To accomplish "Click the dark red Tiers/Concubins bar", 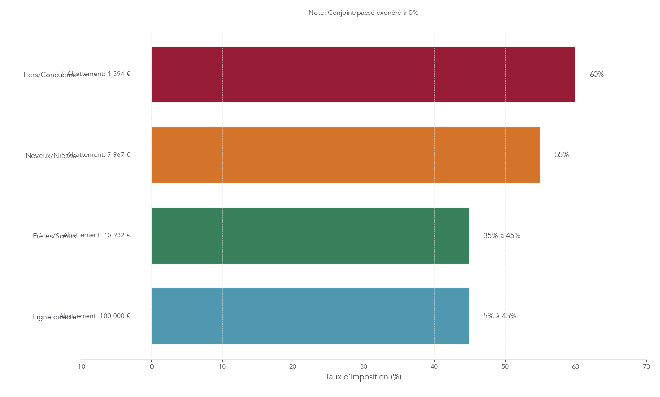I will pyautogui.click(x=363, y=75).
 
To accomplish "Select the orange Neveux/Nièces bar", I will pyautogui.click(x=345, y=155).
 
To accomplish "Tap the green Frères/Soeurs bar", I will pyautogui.click(x=310, y=236).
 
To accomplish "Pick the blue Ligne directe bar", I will pyautogui.click(x=310, y=316).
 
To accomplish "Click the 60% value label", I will pyautogui.click(x=597, y=75).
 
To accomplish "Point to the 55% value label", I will pyautogui.click(x=562, y=155).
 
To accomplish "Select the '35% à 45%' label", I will pyautogui.click(x=502, y=236).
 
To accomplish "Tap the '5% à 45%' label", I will pyautogui.click(x=500, y=316).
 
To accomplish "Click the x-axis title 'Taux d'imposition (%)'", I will pyautogui.click(x=363, y=377).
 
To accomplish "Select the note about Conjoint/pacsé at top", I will pyautogui.click(x=363, y=13).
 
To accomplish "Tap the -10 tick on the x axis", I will pyautogui.click(x=81, y=367).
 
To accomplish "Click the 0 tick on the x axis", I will pyautogui.click(x=152, y=367).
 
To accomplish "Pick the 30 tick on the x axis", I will pyautogui.click(x=364, y=367).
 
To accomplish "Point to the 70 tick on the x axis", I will pyautogui.click(x=646, y=367).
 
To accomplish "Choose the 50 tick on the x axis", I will pyautogui.click(x=505, y=367).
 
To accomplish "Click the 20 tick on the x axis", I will pyautogui.click(x=293, y=367).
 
